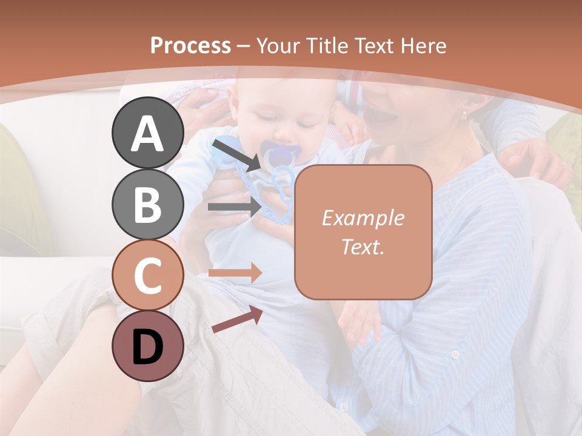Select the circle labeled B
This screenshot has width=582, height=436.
148,204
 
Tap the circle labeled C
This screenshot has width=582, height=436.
148,276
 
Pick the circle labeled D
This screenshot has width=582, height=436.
148,346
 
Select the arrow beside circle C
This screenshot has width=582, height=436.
235,273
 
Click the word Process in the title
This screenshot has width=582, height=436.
190,45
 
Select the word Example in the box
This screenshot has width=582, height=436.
363,218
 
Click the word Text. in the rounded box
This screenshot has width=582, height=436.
363,246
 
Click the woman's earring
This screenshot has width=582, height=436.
465,114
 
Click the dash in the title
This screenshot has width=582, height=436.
243,45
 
